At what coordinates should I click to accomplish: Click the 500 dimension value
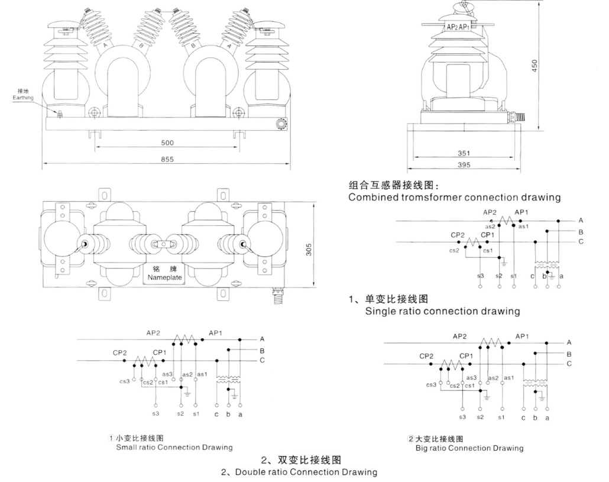(167, 143)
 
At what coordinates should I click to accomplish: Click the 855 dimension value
(167, 159)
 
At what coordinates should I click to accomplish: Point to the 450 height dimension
(535, 66)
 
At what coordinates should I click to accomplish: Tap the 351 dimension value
(464, 153)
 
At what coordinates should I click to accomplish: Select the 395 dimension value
(464, 164)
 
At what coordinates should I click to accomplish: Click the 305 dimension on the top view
(309, 250)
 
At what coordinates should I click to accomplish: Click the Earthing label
(23, 98)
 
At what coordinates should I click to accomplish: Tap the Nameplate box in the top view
(165, 273)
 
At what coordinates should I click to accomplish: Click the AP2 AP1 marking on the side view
(458, 27)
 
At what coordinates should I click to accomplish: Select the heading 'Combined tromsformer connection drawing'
(455, 198)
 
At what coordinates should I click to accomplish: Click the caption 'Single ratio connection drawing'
(442, 311)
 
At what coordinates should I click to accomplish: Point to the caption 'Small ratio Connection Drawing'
(174, 448)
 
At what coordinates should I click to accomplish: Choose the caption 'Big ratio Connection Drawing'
(469, 448)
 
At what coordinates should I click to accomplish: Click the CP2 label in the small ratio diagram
(120, 352)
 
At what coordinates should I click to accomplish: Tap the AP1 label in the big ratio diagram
(522, 337)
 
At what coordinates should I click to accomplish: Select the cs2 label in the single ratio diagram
(455, 251)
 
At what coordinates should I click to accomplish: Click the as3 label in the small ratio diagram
(167, 374)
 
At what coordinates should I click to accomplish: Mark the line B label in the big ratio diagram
(569, 354)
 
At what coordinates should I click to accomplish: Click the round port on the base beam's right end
(280, 124)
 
